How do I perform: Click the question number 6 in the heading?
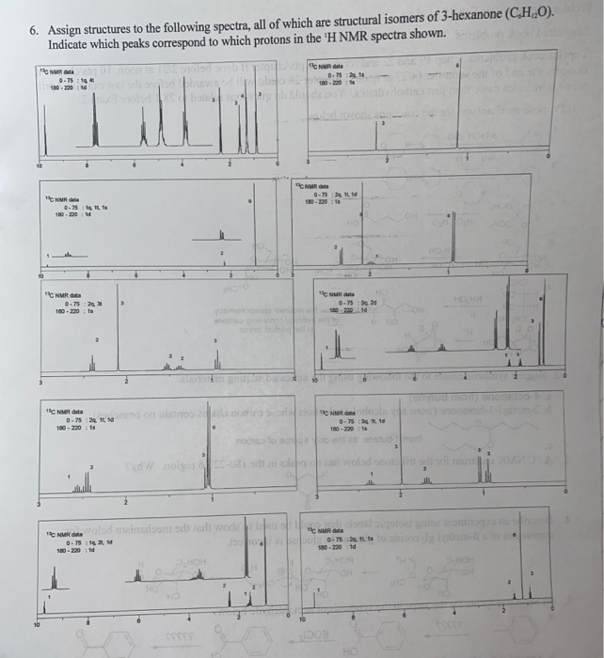pyautogui.click(x=33, y=30)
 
